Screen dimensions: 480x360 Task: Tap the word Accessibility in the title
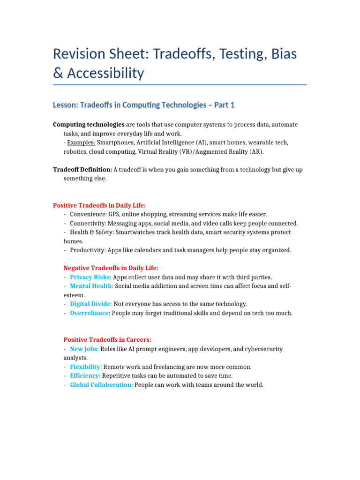coord(105,73)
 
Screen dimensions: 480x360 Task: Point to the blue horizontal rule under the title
coord(180,85)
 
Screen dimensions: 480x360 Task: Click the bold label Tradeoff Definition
coord(82,170)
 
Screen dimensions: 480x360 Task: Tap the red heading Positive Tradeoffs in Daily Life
coord(99,205)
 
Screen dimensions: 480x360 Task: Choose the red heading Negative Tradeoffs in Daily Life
coord(111,268)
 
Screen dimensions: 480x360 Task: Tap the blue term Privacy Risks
coord(87,277)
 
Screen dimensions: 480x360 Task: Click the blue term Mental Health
coord(91,286)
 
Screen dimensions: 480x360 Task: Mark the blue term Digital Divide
coord(90,304)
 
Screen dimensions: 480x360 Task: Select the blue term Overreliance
coord(89,313)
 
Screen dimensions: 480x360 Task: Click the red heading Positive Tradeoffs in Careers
coord(107,340)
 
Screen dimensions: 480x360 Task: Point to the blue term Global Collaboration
coord(101,385)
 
